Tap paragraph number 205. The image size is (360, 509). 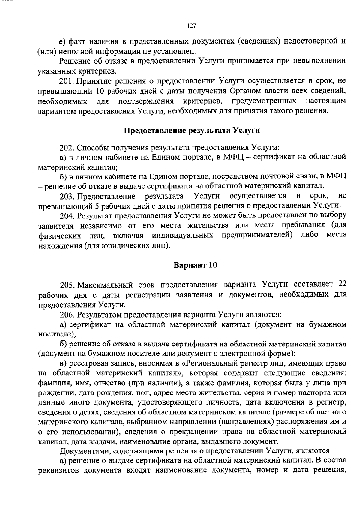coord(67,285)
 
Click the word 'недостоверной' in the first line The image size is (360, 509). coord(310,41)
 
